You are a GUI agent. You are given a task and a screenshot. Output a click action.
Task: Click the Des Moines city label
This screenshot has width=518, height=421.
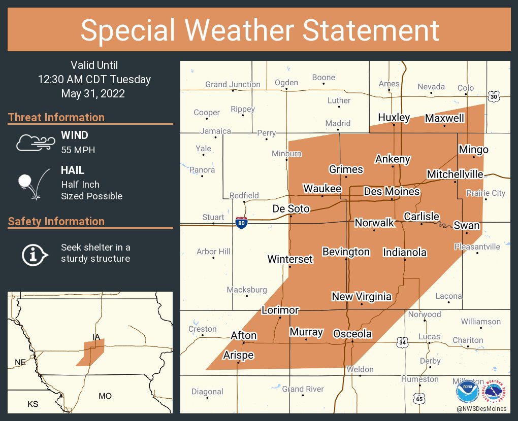coord(392,191)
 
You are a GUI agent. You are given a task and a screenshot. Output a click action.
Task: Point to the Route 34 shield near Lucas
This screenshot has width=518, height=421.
coord(403,343)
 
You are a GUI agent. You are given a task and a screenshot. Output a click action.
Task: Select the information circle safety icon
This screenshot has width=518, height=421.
coord(34,254)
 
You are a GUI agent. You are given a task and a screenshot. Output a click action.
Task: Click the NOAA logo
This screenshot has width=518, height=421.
coord(467,392)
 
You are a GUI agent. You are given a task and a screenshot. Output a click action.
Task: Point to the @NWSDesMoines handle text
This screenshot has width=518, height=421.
coord(481,408)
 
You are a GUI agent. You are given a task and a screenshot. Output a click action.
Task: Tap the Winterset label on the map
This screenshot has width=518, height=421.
coord(290,259)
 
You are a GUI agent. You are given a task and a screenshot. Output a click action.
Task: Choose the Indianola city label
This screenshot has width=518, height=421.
coord(404,252)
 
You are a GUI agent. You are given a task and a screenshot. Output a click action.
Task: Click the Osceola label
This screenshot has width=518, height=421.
coord(352,334)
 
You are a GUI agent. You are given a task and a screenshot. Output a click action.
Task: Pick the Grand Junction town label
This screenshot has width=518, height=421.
coord(233,84)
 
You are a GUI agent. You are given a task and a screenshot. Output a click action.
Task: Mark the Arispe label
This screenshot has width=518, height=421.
coord(238,355)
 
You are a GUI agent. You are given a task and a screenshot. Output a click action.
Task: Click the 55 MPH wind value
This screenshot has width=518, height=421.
coord(78,150)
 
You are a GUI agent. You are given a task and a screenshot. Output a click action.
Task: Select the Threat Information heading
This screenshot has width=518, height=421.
coord(56,117)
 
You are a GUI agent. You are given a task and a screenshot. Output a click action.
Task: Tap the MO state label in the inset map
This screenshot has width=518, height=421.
coord(105,396)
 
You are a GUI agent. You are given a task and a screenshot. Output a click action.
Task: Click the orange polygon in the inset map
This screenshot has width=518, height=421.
coord(91,353)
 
